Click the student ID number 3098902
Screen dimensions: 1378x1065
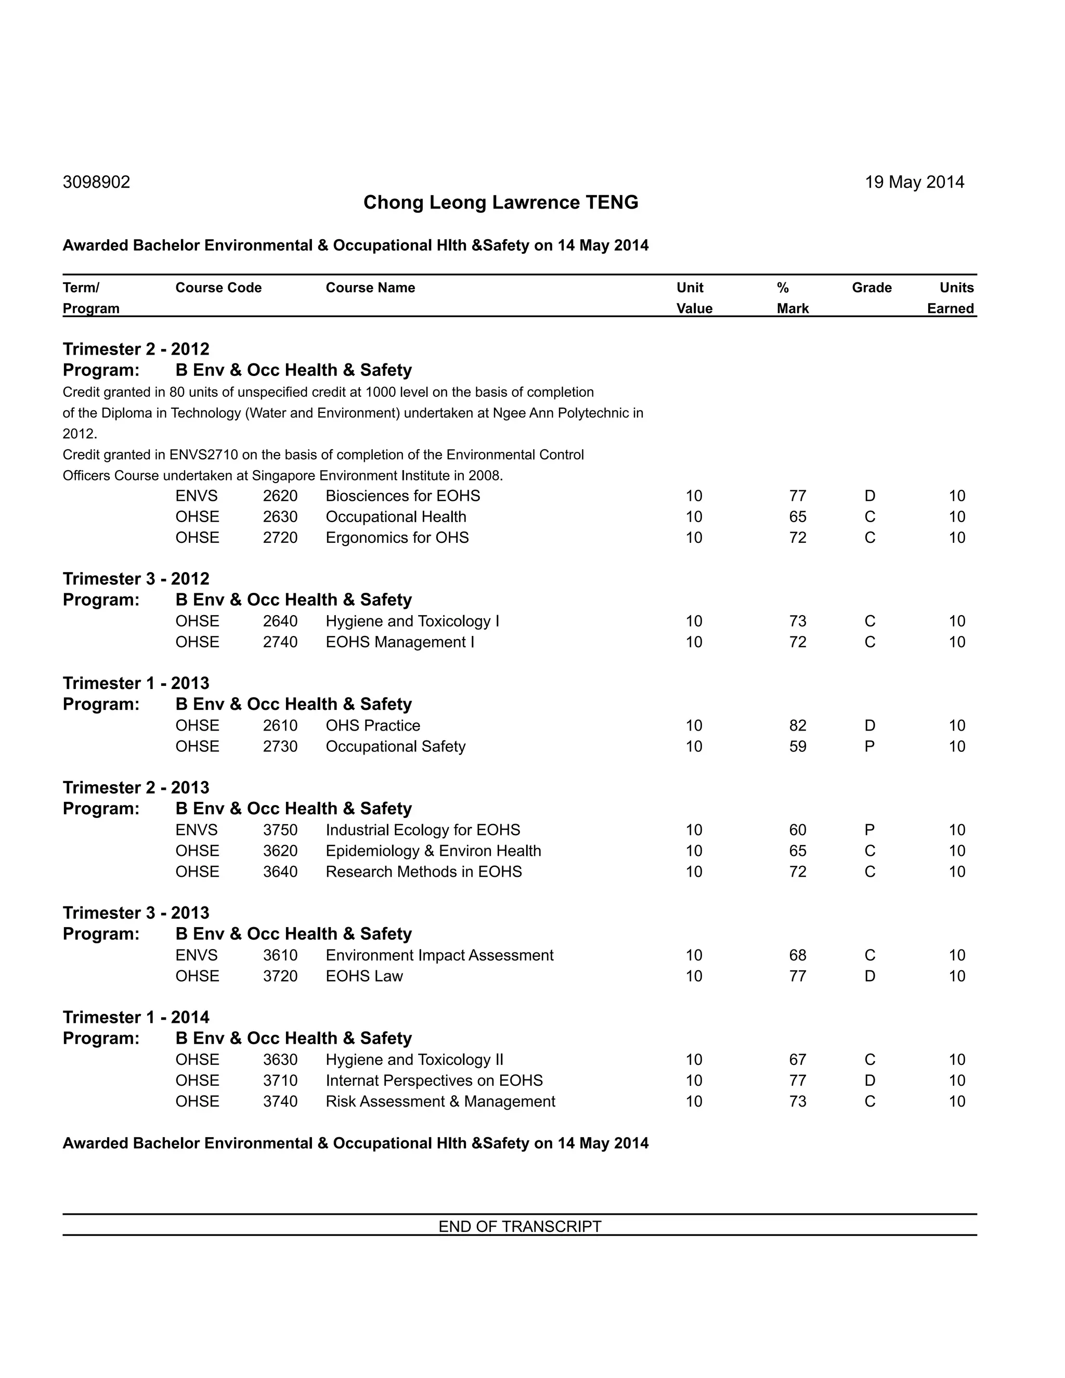point(97,183)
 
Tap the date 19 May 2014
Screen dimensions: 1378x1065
point(914,183)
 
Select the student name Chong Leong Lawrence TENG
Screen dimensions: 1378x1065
point(500,202)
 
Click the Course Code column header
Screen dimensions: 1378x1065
point(218,288)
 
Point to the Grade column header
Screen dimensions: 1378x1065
point(872,288)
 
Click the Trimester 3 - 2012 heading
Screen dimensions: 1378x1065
point(136,579)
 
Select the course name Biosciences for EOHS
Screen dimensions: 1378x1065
point(402,496)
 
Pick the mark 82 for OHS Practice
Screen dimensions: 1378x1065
point(798,725)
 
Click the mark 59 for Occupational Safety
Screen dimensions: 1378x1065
point(798,746)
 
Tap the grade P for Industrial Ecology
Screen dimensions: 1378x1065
point(869,830)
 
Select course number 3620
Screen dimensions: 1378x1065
point(280,851)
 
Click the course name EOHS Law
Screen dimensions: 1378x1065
point(364,976)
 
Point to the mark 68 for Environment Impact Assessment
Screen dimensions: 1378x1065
point(798,955)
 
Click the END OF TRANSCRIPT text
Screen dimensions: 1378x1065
point(520,1226)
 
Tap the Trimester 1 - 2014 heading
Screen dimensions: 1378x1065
point(136,1017)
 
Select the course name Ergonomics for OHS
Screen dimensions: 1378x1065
point(397,538)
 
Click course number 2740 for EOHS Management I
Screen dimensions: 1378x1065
point(280,642)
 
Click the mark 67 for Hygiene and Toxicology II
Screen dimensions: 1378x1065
point(798,1059)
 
